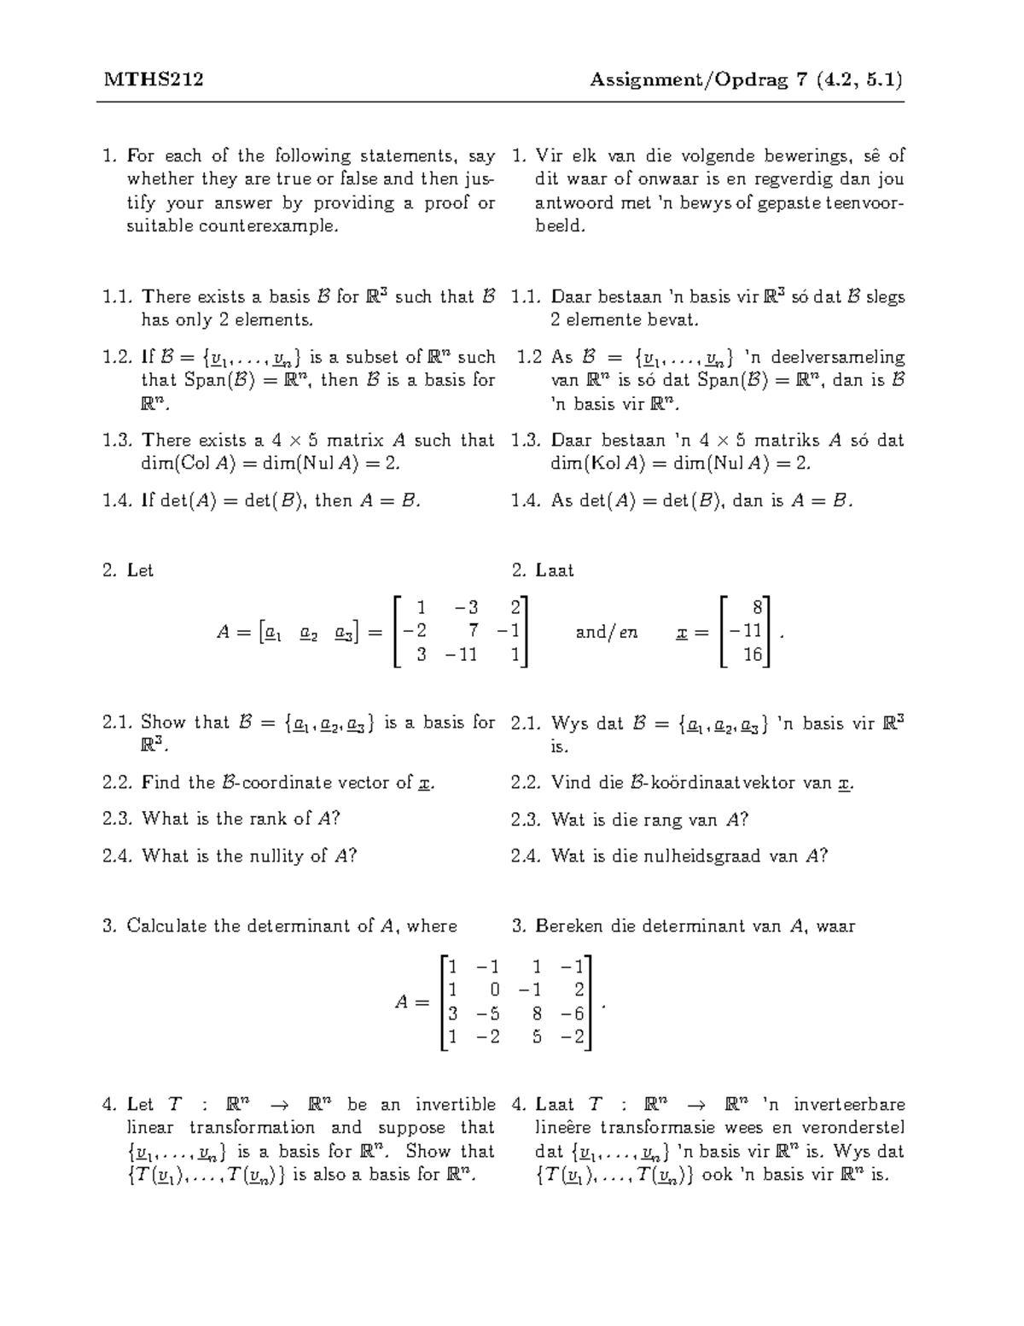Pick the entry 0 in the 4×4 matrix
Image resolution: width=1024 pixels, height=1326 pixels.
494,990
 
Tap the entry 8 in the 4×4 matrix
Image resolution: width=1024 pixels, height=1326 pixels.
536,1014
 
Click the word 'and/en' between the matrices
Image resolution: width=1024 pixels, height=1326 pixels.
607,633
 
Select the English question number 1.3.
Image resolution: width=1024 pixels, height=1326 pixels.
118,441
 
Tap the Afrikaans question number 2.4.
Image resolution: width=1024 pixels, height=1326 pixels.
527,856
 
